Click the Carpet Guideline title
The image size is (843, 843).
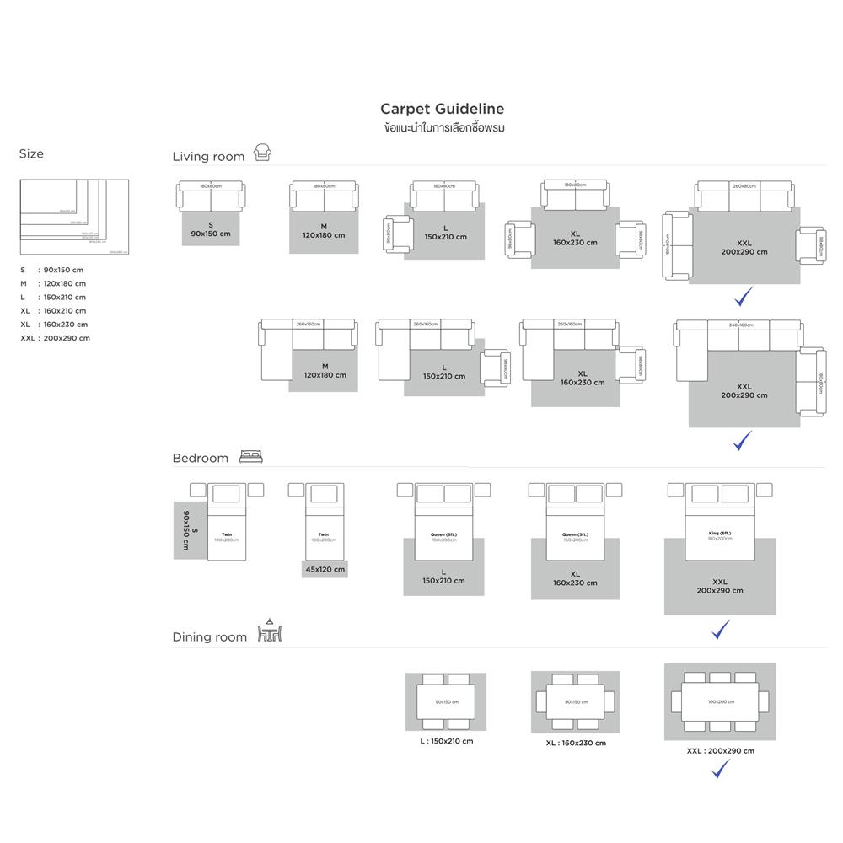(x=442, y=109)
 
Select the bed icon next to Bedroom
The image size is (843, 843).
(x=252, y=456)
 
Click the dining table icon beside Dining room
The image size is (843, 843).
(x=269, y=632)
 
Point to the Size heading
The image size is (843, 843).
(x=31, y=153)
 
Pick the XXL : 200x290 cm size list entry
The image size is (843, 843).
(x=55, y=338)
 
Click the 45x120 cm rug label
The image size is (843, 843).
(x=325, y=569)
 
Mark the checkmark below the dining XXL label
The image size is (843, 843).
(x=721, y=768)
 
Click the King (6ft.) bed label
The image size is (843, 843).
(x=720, y=534)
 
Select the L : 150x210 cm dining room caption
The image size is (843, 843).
(x=447, y=741)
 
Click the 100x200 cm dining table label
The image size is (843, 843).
(x=720, y=701)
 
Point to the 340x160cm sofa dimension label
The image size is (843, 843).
(x=742, y=325)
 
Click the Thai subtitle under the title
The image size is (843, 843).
(x=443, y=128)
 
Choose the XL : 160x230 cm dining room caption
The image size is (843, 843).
(x=575, y=743)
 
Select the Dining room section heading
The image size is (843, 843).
(x=210, y=637)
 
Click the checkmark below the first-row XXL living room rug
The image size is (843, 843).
(x=744, y=297)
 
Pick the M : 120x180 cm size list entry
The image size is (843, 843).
(x=53, y=283)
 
